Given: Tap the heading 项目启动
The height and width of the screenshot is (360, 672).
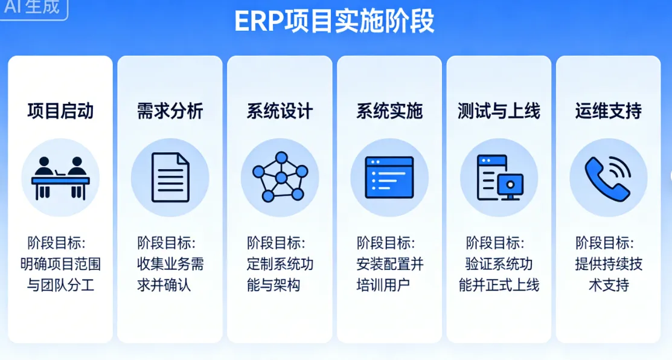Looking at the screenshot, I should (60, 111).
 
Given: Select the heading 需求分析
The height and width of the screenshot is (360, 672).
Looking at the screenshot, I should (170, 111).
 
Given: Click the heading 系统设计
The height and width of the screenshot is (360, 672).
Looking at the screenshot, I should (280, 111).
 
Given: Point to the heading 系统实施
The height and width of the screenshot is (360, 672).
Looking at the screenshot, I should (389, 111).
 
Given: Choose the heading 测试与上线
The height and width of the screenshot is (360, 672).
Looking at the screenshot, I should (499, 111).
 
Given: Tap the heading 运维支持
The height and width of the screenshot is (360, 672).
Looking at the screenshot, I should (608, 111).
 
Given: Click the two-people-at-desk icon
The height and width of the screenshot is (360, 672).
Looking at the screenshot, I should (60, 178).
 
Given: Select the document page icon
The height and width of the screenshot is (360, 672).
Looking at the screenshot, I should (170, 178).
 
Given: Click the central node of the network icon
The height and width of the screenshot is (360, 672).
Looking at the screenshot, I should (281, 178).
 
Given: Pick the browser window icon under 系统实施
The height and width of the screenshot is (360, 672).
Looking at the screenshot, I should (389, 178).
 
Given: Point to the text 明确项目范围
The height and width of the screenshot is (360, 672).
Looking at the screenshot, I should (60, 264).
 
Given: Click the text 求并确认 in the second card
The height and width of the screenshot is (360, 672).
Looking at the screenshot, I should (164, 284).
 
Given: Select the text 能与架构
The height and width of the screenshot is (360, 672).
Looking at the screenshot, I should (274, 284).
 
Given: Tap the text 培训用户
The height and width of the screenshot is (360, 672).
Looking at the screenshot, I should (383, 284).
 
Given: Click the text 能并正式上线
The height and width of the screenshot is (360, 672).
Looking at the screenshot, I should (499, 284).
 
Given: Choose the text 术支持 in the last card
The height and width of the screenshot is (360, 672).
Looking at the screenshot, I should (608, 284).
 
